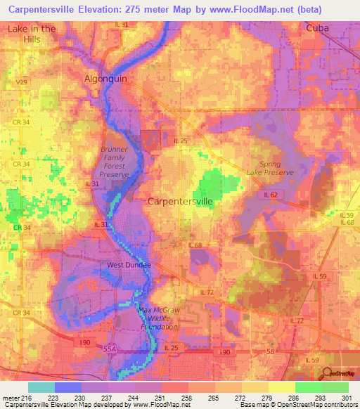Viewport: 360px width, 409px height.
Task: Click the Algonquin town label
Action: point(106,79)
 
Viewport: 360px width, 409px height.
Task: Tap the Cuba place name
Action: point(318,28)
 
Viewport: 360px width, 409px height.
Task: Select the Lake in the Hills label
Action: point(32,34)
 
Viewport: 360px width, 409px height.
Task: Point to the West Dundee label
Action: point(129,265)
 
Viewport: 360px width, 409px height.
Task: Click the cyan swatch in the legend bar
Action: point(41,387)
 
